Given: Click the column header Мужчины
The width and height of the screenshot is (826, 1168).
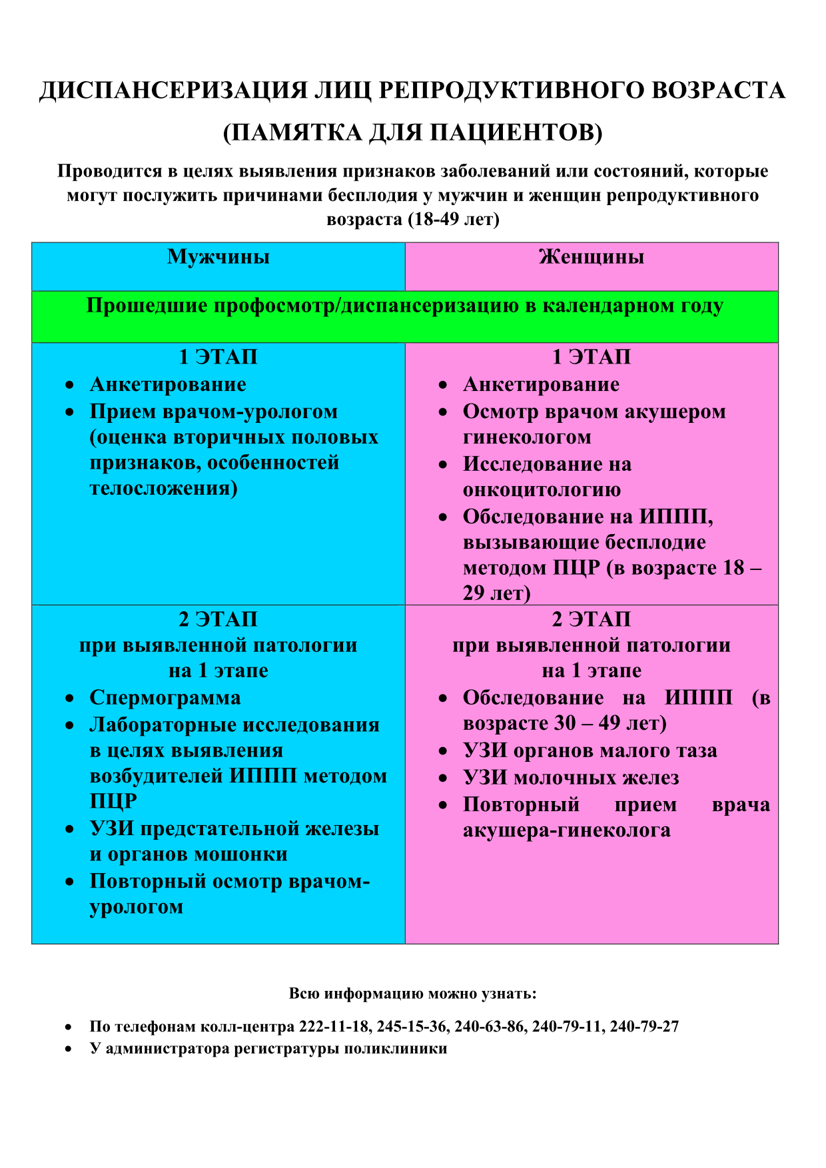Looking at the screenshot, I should [218, 257].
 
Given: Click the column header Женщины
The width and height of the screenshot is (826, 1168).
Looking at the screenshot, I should [592, 257].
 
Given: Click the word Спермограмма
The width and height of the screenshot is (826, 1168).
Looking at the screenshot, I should [165, 698].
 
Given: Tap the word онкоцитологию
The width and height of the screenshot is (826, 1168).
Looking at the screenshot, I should [542, 490].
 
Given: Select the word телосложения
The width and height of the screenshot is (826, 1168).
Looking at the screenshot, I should [163, 489].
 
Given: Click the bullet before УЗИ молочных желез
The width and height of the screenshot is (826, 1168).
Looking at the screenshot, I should [443, 778].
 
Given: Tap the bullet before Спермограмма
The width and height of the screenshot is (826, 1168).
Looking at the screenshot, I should [70, 699].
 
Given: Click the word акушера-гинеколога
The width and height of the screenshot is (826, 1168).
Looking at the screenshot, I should [566, 831].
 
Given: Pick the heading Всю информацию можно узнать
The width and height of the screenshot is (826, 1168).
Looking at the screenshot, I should [412, 994].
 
